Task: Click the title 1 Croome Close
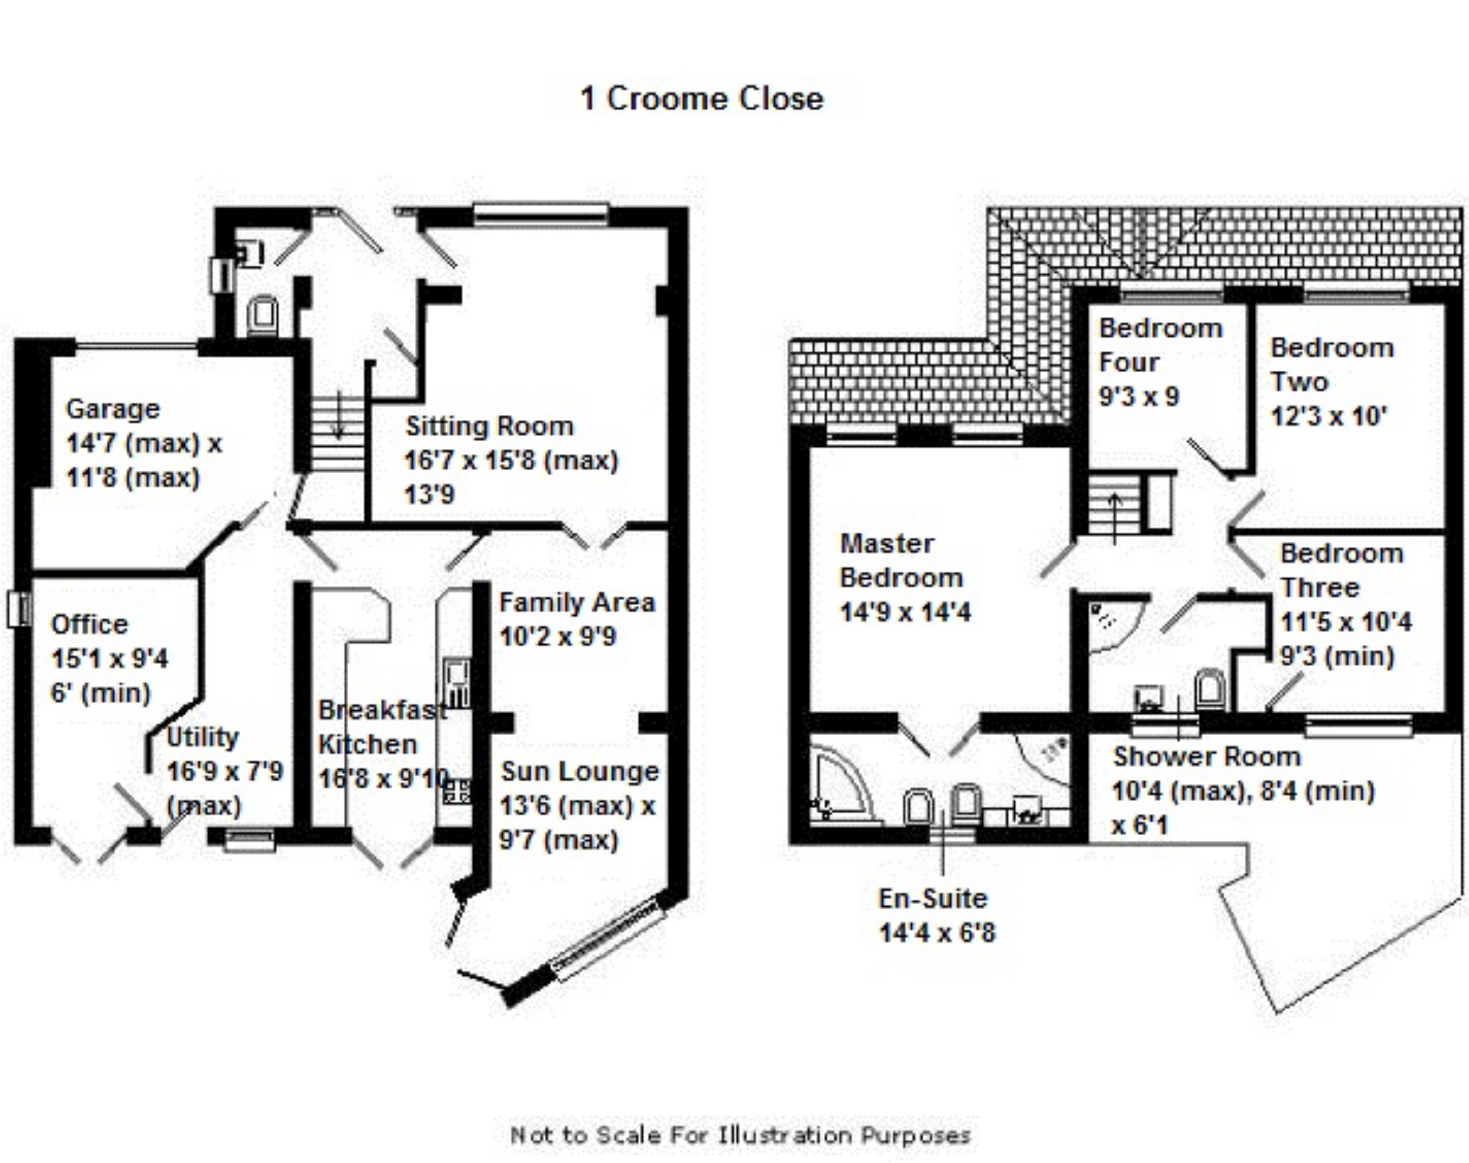(701, 99)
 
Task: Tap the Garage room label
(112, 409)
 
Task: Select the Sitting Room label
(489, 426)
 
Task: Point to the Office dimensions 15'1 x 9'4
(110, 659)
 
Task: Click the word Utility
(202, 737)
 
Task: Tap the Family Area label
(577, 602)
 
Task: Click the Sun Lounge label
(580, 771)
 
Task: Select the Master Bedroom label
(900, 561)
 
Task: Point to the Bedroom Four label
(1160, 345)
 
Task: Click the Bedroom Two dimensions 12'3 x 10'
(1328, 416)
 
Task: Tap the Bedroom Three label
(1341, 570)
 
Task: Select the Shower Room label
(1206, 757)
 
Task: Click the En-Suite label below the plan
(933, 898)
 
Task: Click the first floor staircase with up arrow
(1114, 502)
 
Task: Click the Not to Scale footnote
(740, 1135)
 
